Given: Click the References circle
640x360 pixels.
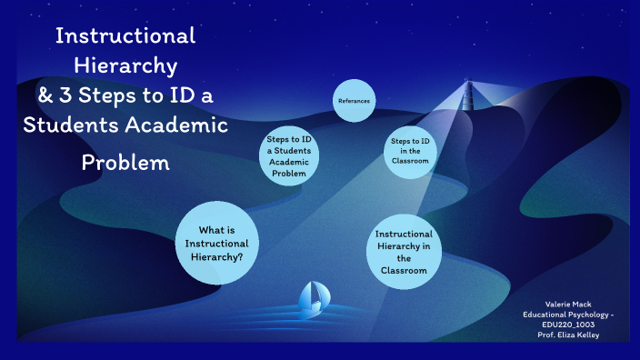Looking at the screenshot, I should coord(353,100).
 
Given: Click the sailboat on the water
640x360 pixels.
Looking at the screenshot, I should coord(311,297).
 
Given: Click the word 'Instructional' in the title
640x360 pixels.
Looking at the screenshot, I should coord(125,36).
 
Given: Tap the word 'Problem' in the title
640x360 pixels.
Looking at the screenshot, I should coord(125,164).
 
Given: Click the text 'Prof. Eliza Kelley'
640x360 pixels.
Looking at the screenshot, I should coord(566,335).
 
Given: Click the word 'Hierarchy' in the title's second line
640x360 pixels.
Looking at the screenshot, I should coord(125,65).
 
